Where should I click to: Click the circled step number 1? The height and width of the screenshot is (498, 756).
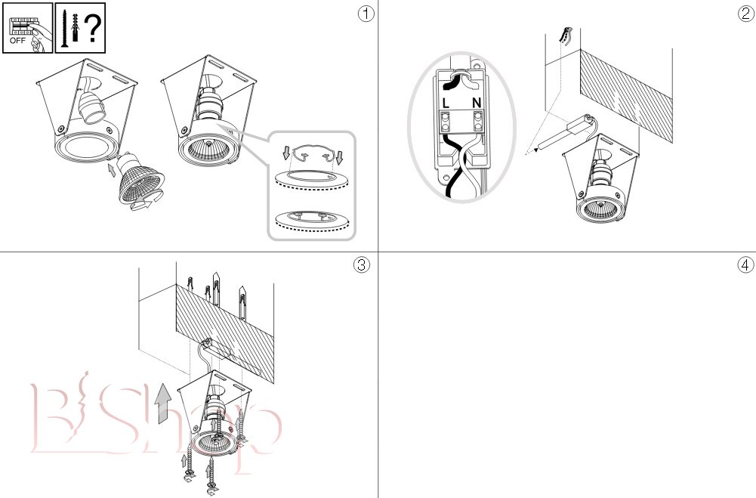coord(366,14)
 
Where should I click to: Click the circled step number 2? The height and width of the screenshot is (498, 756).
coord(745,14)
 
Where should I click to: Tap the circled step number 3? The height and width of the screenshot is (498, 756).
coord(362,264)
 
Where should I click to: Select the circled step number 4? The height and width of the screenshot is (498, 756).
coord(745,264)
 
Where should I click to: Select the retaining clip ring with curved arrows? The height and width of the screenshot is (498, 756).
coord(313,154)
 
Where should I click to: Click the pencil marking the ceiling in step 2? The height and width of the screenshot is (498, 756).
coord(565,32)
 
